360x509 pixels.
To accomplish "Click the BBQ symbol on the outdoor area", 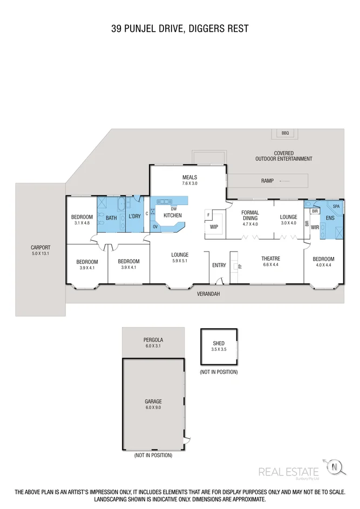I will coord(285,133).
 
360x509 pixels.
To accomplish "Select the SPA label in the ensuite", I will coord(336,207).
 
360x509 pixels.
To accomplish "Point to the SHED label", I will coord(219,343).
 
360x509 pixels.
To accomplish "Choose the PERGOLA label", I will coord(153,340).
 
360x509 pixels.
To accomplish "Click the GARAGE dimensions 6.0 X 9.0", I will coord(153,408).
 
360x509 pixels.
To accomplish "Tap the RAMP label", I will coord(267,181).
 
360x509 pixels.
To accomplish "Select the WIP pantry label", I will coord(214,227).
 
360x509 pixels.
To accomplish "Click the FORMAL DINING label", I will coord(250,215).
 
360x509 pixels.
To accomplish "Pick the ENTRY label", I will coord(219,265).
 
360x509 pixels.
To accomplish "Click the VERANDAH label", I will coord(208,294).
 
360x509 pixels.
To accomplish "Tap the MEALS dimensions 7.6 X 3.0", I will coord(189,184).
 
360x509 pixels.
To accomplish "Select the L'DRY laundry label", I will coord(134,218).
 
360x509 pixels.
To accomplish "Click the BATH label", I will coord(111,218).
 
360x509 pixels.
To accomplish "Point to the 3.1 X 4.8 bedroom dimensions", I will coord(82,222).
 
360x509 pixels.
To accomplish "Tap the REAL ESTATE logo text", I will coord(289,472).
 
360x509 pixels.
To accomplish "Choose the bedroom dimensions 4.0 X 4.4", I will coord(324,265).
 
